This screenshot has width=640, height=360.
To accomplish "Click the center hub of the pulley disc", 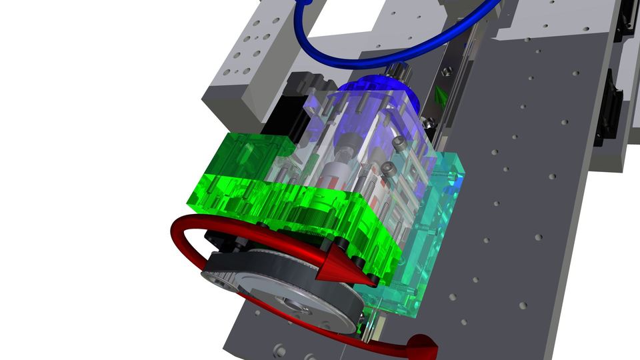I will point(294,305).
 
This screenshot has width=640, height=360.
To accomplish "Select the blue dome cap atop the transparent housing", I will point(383,93).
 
